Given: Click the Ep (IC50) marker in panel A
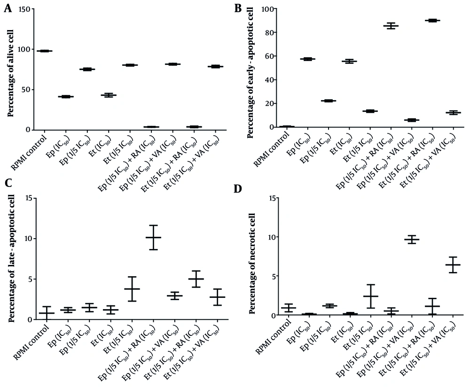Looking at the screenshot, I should coord(66,97).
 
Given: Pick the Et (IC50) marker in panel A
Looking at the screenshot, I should coord(109,95).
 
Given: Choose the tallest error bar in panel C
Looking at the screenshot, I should coord(153,237).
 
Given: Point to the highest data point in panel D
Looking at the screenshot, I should coord(412,239).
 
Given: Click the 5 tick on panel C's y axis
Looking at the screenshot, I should coord(31,279).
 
